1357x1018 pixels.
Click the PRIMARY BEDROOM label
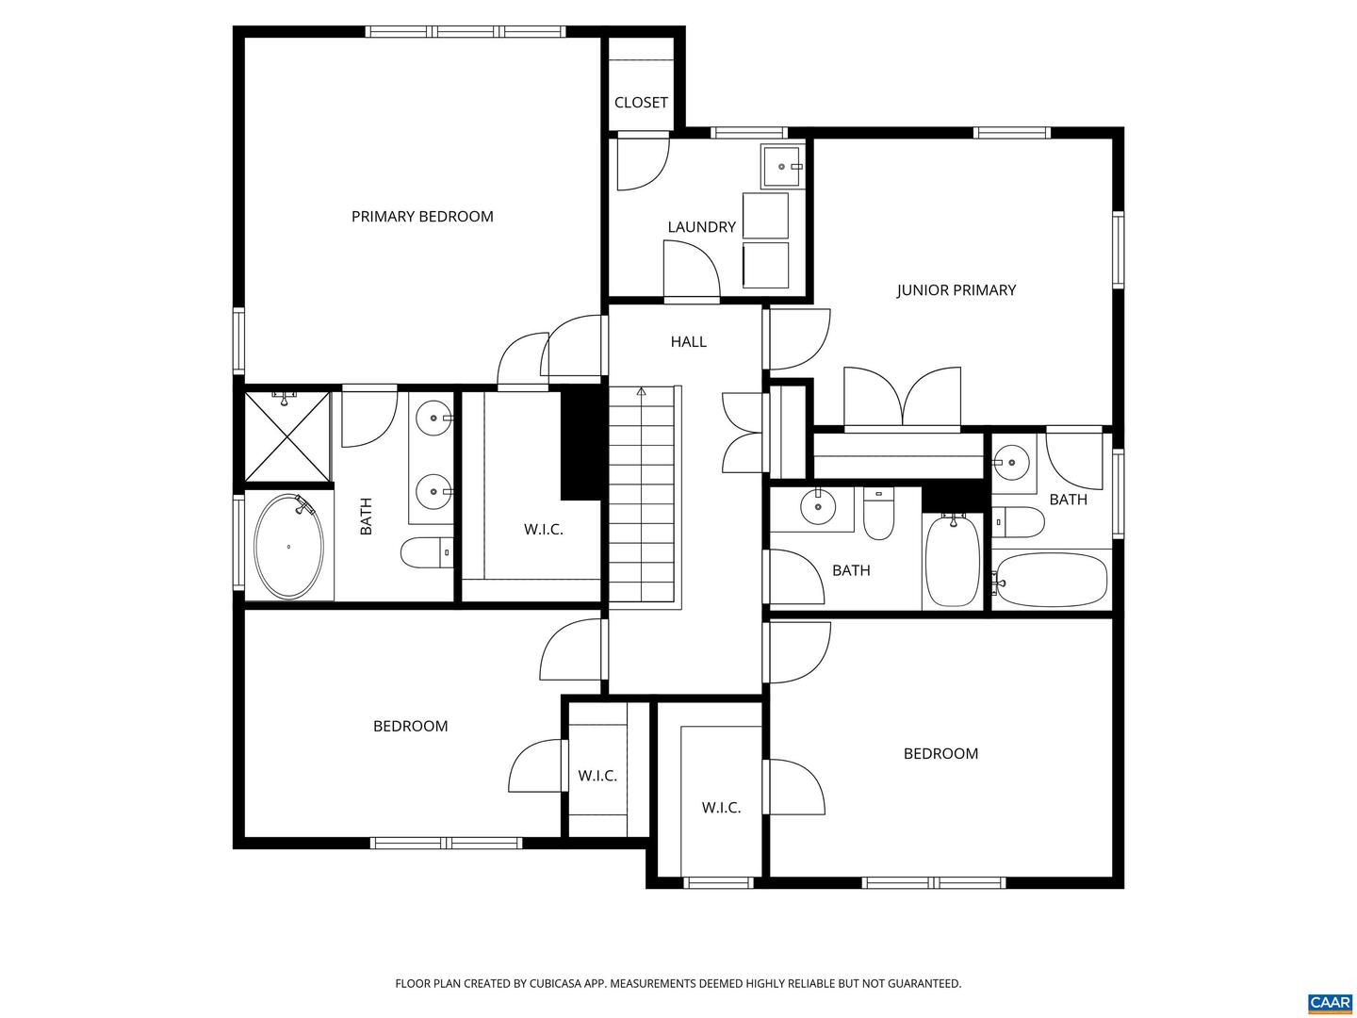422,217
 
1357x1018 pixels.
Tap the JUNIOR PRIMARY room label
956,290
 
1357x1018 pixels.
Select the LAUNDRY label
701,227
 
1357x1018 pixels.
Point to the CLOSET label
641,103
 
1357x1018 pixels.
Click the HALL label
688,342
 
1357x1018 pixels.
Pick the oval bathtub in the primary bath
288,546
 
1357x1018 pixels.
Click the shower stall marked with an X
287,435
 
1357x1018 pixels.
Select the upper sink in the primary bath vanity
434,416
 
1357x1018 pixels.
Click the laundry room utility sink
781,167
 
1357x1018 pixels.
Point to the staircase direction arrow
642,391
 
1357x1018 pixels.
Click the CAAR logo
1329,1002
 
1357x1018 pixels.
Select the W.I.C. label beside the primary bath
543,530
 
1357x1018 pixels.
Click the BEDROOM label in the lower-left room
410,727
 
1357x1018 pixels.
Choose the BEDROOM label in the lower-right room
940,754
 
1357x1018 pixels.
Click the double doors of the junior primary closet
902,398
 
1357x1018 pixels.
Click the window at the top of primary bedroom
466,32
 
